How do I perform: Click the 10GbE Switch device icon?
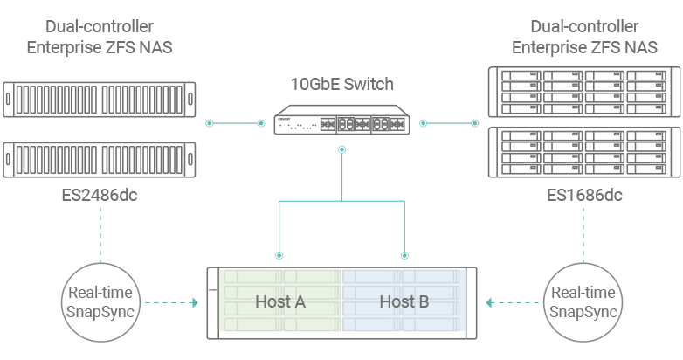point(341,121)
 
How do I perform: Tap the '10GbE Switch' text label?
point(341,85)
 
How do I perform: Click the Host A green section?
point(279,302)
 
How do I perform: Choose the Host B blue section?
point(404,302)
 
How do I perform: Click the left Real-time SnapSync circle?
point(100,303)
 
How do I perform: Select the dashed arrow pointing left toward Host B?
point(514,304)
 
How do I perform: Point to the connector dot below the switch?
point(341,150)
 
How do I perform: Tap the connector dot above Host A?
point(279,256)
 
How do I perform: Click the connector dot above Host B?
point(404,256)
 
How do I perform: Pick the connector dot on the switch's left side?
point(260,123)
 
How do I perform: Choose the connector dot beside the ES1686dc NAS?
point(475,123)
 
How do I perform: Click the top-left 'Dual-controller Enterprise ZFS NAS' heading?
point(99,38)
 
